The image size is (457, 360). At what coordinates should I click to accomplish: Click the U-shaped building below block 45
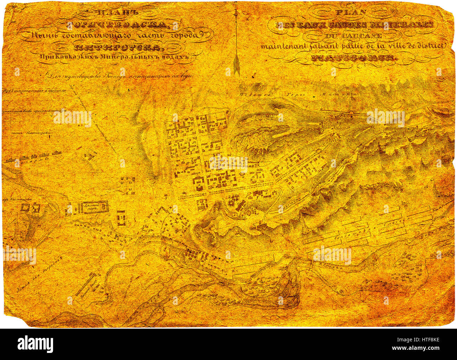point(121,218)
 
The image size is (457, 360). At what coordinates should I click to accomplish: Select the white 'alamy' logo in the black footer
point(35,344)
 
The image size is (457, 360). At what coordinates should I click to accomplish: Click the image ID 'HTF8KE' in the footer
point(424,340)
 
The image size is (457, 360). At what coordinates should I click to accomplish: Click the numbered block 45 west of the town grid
point(127,185)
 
